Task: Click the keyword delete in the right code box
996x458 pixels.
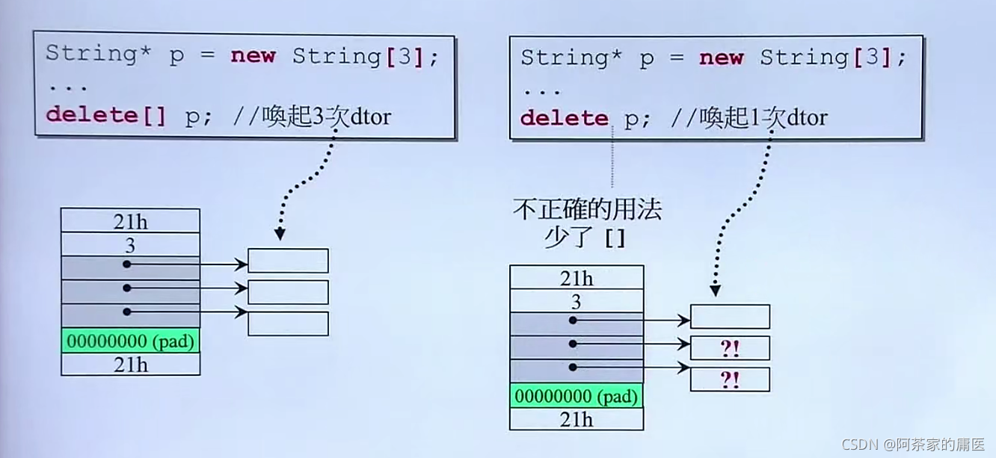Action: point(565,118)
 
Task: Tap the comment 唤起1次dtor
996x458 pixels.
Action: point(763,118)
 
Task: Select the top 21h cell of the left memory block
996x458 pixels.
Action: point(130,221)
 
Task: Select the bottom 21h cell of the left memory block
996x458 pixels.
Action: point(130,364)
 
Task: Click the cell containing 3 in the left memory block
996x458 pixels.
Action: point(130,244)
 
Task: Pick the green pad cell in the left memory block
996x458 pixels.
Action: point(130,341)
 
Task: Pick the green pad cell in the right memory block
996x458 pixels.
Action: point(576,396)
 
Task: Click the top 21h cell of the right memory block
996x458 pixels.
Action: point(576,278)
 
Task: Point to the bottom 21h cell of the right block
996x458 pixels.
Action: point(576,419)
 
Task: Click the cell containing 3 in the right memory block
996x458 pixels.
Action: point(576,301)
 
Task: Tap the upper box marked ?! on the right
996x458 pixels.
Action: point(730,348)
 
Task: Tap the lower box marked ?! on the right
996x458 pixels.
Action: point(730,380)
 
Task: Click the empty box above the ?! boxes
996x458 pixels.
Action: point(730,317)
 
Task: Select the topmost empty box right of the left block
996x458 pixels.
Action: point(288,261)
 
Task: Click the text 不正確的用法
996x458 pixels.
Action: point(588,210)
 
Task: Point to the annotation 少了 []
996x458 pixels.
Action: point(588,238)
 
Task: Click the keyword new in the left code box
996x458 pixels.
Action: point(253,56)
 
